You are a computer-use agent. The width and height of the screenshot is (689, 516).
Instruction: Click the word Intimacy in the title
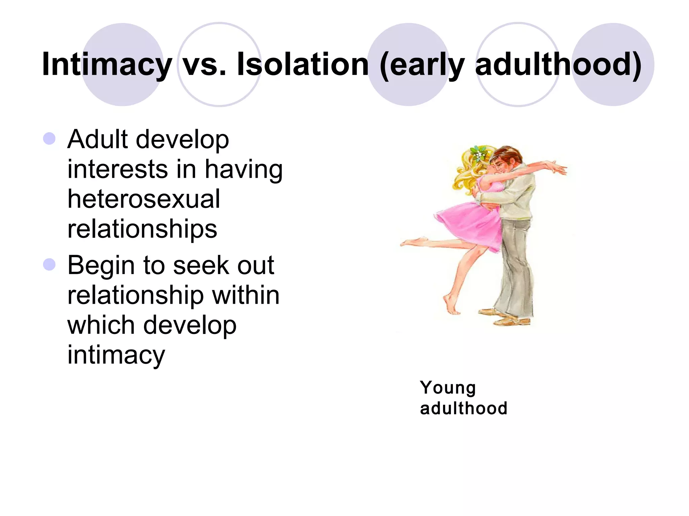(x=107, y=64)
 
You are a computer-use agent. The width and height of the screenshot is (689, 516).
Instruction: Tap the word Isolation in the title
(x=302, y=64)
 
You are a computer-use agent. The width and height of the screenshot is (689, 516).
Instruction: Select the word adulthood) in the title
(x=558, y=64)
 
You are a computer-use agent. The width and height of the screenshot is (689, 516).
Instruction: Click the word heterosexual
(x=144, y=199)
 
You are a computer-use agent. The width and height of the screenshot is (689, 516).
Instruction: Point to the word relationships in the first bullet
(x=142, y=229)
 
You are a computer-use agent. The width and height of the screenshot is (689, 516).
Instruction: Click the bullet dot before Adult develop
(x=49, y=138)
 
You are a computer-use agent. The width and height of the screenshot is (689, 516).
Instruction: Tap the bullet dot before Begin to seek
(x=49, y=265)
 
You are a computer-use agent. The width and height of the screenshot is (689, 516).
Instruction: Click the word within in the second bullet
(x=245, y=295)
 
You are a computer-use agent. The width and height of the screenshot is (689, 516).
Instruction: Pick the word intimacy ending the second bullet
(x=116, y=355)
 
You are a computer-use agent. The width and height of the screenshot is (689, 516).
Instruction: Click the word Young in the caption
(x=448, y=388)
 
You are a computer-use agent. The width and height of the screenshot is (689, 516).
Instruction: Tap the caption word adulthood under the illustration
(x=463, y=408)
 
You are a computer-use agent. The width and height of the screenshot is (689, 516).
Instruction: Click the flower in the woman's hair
(x=477, y=153)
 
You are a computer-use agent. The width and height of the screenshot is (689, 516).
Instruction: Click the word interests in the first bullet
(x=117, y=169)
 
